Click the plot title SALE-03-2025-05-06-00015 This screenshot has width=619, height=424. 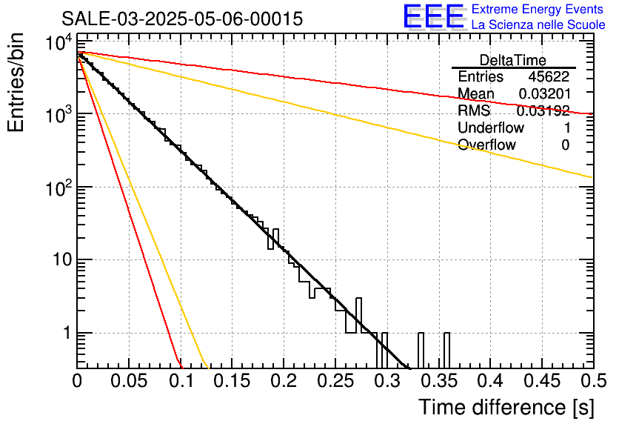click(181, 19)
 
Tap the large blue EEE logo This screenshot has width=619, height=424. click(433, 17)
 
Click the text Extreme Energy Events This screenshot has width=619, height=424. click(538, 10)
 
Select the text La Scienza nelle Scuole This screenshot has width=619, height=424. click(538, 25)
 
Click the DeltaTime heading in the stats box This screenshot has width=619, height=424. click(512, 60)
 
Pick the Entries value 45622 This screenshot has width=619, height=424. click(549, 77)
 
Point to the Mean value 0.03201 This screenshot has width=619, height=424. click(543, 94)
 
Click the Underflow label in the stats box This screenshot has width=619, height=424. click(487, 128)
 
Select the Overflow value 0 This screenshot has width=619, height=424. click(565, 145)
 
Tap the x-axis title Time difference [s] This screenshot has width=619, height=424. click(505, 407)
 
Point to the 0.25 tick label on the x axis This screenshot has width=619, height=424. click(335, 382)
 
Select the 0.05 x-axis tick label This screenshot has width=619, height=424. click(129, 382)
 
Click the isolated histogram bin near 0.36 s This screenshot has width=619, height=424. click(446, 350)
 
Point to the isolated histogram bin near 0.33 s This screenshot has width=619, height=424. click(421, 350)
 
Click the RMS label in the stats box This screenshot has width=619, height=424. click(471, 111)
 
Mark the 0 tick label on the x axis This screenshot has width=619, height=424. click(77, 382)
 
